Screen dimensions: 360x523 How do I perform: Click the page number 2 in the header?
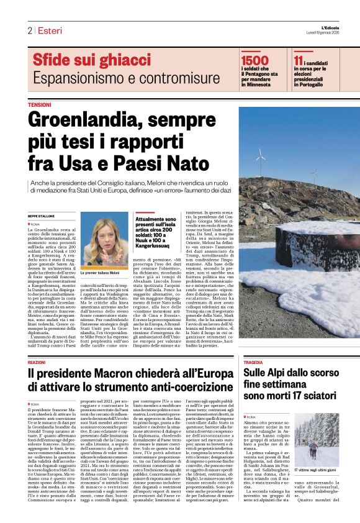29,30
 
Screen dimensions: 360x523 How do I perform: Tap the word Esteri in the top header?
49,30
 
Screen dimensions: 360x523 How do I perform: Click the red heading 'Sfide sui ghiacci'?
83,61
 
